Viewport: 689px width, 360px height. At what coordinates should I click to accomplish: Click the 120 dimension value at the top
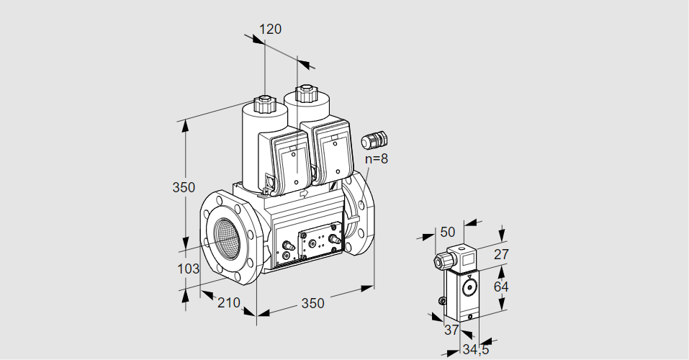(270, 30)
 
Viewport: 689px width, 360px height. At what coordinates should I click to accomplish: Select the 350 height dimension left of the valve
(184, 187)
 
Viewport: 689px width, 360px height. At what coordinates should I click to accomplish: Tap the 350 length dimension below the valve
(312, 303)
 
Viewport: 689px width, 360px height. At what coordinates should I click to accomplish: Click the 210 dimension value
(228, 302)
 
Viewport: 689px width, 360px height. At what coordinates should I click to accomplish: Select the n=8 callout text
(376, 159)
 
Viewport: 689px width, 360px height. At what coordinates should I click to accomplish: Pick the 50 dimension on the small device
(448, 231)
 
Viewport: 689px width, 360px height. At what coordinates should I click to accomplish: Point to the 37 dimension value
(451, 330)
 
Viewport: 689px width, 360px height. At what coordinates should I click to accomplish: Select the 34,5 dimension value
(475, 350)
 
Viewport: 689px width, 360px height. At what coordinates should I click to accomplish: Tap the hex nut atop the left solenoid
(265, 102)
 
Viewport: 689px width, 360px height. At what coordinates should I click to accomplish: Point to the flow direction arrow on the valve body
(304, 193)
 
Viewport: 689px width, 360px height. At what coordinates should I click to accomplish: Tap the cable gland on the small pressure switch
(441, 260)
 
